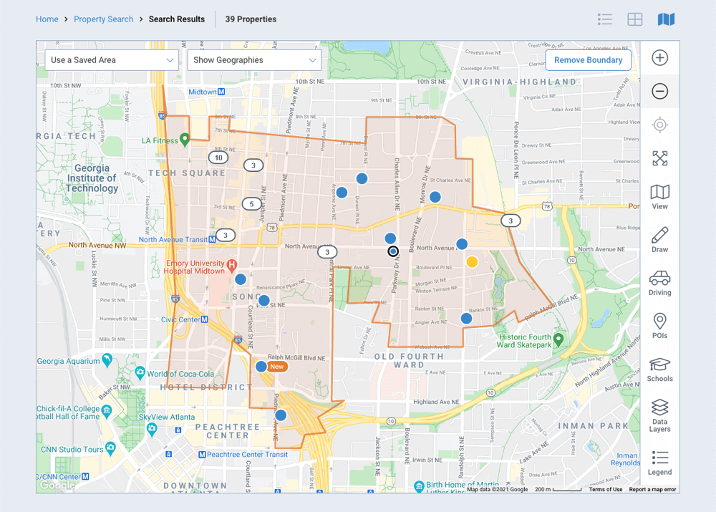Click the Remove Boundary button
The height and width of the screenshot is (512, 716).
pos(588,60)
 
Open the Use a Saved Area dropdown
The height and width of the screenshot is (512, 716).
pos(112,60)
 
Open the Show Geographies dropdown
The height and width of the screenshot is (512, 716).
pos(253,60)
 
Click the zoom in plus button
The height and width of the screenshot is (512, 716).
pos(660,59)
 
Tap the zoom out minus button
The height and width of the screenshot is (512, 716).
pos(660,92)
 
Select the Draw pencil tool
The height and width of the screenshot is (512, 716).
pos(660,239)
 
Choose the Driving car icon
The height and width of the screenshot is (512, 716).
pos(660,282)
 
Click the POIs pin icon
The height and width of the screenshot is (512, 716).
pos(660,325)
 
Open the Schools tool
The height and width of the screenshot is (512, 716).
pos(660,368)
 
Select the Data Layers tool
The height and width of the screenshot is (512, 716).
pos(660,415)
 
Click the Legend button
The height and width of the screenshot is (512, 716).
pos(660,462)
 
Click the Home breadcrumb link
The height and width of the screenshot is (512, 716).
pos(47,19)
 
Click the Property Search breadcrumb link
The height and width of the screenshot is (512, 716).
pos(103,19)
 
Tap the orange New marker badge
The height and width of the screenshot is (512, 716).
pos(277,367)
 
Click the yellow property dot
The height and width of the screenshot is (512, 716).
pos(472,262)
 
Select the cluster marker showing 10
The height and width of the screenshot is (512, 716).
pos(218,158)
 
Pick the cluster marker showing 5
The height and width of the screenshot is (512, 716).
pos(251,204)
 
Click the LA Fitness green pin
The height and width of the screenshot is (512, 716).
pos(185,139)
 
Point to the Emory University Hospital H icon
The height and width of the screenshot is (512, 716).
pos(232,266)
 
